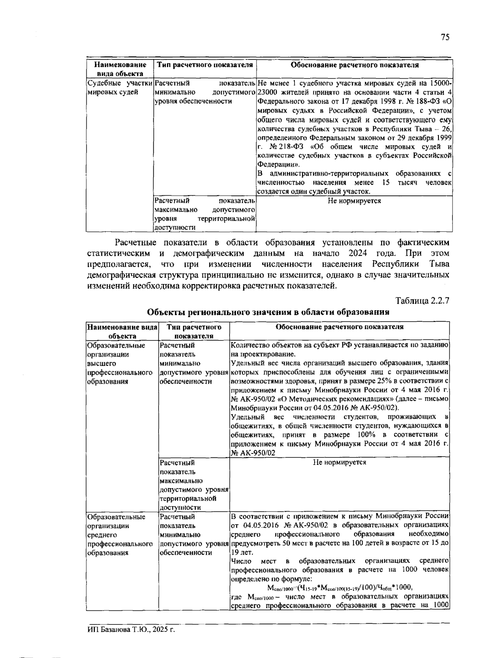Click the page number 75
tap(445, 38)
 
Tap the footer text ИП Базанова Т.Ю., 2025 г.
tap(131, 629)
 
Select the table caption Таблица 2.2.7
tap(422, 301)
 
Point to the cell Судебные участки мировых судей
tap(120, 88)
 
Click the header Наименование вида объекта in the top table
tap(120, 69)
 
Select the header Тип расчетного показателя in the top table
tap(205, 65)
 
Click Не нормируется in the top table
tap(354, 201)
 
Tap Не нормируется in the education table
tap(339, 462)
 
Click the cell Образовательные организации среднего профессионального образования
tap(117, 535)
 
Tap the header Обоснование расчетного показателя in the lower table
tap(339, 327)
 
